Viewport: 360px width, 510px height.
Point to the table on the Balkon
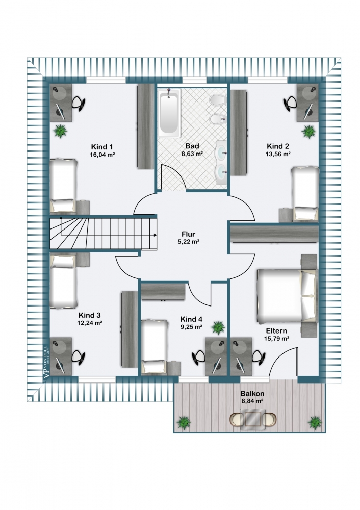[x=253, y=420]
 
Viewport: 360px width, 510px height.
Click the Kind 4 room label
[x=191, y=319]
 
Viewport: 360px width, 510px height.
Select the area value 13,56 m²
[x=278, y=153]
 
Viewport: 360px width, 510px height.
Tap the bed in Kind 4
[x=154, y=346]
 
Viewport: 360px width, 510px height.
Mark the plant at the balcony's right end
[x=315, y=422]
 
